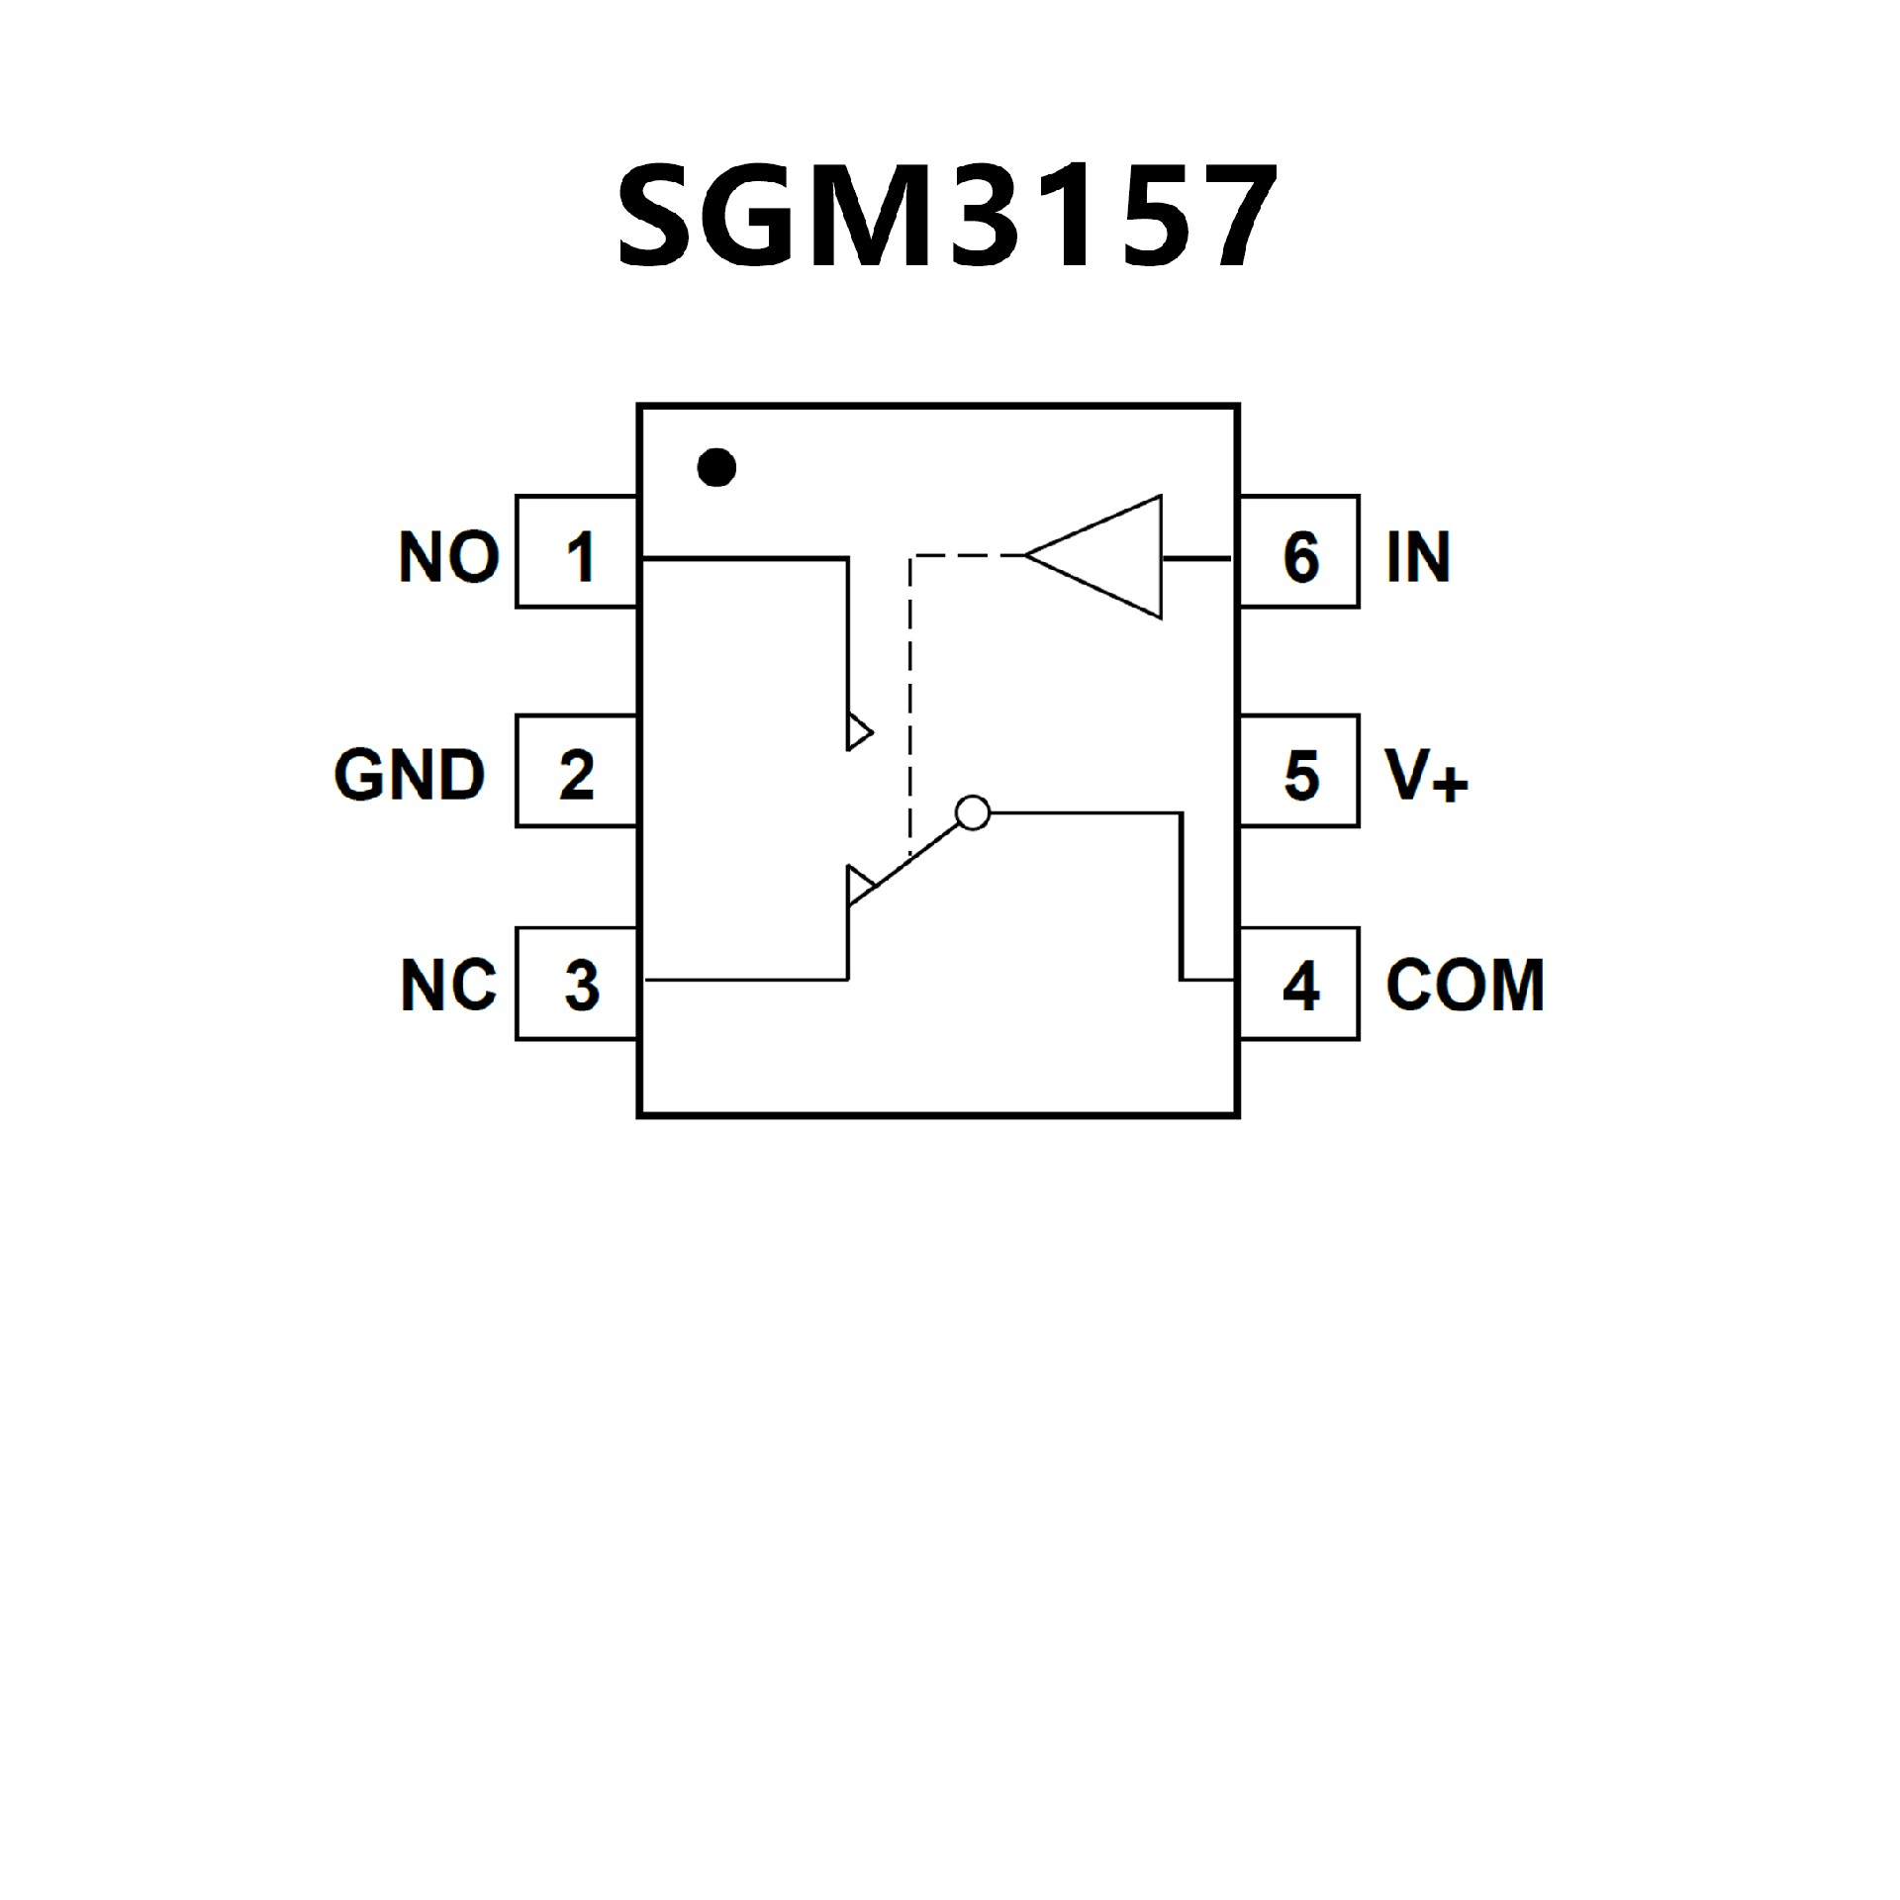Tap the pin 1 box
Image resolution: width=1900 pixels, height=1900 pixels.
pos(577,552)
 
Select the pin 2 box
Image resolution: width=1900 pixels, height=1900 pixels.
pos(577,771)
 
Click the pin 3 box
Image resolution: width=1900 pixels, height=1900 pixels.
pos(577,984)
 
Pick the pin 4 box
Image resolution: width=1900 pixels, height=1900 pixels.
pos(1299,984)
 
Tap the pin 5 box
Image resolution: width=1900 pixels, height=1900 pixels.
pos(1299,771)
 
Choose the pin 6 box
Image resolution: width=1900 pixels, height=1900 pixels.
pos(1299,552)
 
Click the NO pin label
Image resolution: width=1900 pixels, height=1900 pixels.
pos(448,556)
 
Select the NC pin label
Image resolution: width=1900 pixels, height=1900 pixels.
pos(448,986)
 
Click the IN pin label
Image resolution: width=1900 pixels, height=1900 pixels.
pos(1418,556)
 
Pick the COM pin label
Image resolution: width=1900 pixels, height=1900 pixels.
pos(1465,986)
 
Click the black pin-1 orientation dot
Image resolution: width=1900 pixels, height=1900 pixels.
pos(716,466)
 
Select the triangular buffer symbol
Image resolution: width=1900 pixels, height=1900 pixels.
pos(1103,557)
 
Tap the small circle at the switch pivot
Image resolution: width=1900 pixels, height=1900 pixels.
pos(973,812)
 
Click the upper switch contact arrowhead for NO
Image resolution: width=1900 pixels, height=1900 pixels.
pos(858,732)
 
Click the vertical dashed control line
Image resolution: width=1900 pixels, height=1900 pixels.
pos(909,703)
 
